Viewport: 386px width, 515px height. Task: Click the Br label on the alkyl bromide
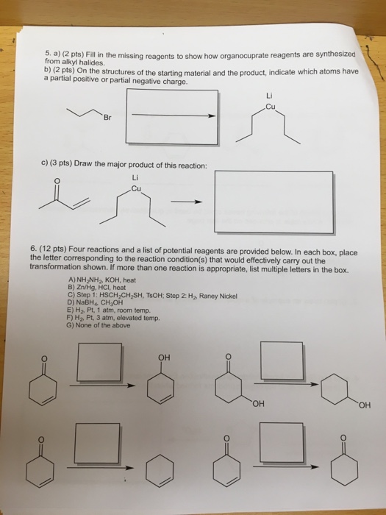(x=108, y=117)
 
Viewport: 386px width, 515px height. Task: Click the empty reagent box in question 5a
(x=172, y=116)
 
